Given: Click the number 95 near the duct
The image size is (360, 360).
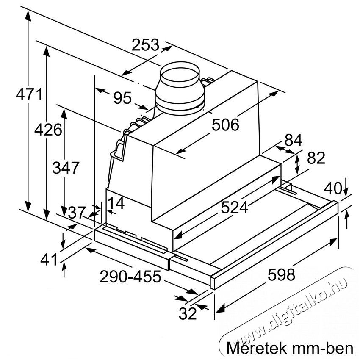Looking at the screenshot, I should pyautogui.click(x=122, y=98).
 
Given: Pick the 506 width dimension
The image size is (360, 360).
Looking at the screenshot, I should pyautogui.click(x=225, y=125).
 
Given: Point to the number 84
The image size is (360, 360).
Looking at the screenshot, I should pyautogui.click(x=294, y=140).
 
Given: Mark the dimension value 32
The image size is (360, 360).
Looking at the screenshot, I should pyautogui.click(x=188, y=314).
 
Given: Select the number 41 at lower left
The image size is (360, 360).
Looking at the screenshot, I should pyautogui.click(x=48, y=259).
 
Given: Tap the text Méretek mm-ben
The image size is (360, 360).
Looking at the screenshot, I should pyautogui.click(x=290, y=348).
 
